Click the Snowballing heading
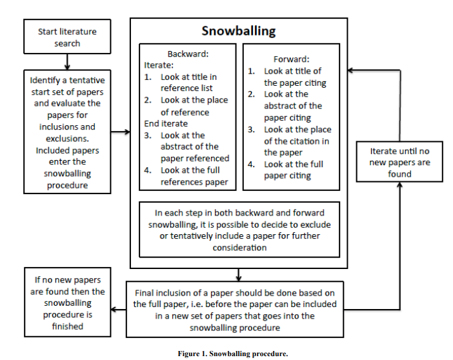click(x=238, y=31)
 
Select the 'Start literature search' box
click(x=68, y=37)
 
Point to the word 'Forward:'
click(x=291, y=59)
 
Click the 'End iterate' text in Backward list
click(x=166, y=123)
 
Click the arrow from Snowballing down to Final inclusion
click(x=238, y=274)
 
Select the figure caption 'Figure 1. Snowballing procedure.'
click(x=233, y=353)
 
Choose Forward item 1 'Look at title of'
click(x=292, y=71)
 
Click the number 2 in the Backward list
click(x=147, y=100)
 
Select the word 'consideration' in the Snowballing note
click(x=239, y=247)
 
